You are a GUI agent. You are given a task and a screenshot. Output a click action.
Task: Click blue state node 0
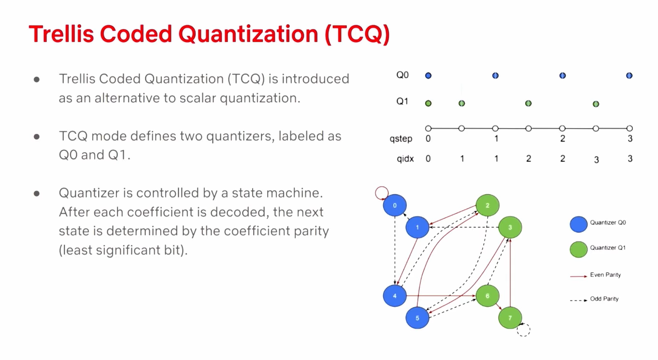[395, 205]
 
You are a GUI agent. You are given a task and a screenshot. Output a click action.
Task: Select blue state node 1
[417, 227]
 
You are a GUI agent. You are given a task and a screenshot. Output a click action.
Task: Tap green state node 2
[487, 205]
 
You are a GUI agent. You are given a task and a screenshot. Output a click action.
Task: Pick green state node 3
[510, 227]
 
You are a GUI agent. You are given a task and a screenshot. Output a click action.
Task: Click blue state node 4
[395, 296]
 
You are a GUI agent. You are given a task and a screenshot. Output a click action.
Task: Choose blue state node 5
[417, 317]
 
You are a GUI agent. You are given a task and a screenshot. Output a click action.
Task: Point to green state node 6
[487, 296]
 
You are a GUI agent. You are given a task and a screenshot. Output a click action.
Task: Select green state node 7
[510, 317]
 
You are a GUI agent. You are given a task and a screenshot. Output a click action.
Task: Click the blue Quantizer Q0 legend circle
[578, 224]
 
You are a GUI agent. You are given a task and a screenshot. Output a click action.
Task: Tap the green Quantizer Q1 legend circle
[578, 249]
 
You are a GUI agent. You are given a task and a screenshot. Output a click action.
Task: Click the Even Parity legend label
[605, 275]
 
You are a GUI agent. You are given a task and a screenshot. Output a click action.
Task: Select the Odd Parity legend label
[604, 299]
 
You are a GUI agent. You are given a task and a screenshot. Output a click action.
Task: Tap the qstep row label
[401, 139]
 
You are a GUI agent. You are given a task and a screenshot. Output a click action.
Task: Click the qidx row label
[405, 158]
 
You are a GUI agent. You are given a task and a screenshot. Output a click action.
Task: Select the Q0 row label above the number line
[402, 75]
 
